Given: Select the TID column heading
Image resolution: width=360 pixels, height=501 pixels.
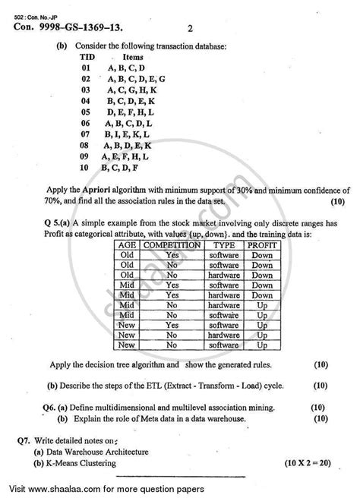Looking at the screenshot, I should [x=89, y=57].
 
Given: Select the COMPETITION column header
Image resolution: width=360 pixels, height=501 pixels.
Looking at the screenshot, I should [x=172, y=246].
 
